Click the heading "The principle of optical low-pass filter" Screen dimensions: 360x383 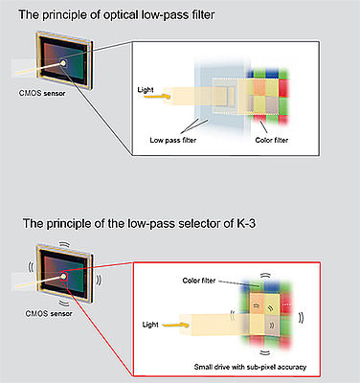pos(117,14)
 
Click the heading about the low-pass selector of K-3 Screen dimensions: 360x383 pos(139,223)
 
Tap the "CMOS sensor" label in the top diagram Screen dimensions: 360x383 pos(42,93)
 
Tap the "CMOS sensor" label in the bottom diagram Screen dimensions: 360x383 pos(49,313)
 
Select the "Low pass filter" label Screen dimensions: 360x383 pos(173,140)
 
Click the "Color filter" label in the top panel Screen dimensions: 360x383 pos(272,140)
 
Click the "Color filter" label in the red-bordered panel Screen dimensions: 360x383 pos(199,281)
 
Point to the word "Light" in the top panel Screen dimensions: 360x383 pos(146,90)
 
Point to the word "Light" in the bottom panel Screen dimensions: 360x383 pos(150,325)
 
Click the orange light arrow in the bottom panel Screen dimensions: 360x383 pos(176,325)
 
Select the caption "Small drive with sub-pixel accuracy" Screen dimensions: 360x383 pos(250,367)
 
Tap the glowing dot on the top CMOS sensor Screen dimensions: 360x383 pos(63,63)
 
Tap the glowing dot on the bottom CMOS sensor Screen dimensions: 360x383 pos(64,276)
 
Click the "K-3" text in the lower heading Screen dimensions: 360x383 pos(246,223)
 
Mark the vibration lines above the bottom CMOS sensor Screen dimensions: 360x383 pos(65,243)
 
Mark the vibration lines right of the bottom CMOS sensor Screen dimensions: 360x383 pos(99,280)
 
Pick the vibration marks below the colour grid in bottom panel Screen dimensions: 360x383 pos(264,352)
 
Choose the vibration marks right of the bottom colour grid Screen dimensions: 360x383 pos(301,318)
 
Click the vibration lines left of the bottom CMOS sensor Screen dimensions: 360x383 pos(31,267)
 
